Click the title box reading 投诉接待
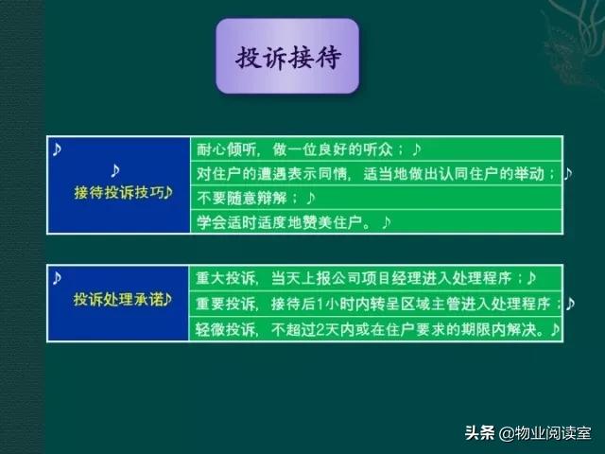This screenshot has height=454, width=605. [x=287, y=56]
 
